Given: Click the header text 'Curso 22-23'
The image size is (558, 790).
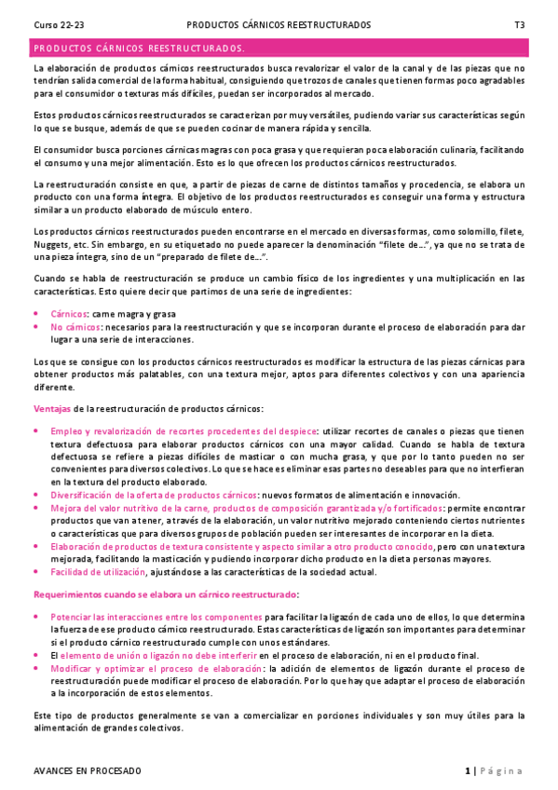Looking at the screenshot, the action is (57, 25).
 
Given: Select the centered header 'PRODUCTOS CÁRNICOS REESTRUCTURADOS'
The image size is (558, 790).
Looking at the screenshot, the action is (278, 25).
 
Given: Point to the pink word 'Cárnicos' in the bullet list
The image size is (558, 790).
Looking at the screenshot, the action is (69, 315).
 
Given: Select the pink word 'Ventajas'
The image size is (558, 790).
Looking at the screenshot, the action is (51, 409).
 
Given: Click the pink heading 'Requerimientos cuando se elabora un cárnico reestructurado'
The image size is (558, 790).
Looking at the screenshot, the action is (165, 593).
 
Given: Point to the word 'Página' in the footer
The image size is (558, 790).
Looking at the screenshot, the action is (502, 770).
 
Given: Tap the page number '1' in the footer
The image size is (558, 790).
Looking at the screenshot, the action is (467, 770).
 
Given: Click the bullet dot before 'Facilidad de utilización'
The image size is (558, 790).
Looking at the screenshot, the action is (36, 571).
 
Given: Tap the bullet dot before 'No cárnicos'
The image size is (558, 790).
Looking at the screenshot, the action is (36, 327).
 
